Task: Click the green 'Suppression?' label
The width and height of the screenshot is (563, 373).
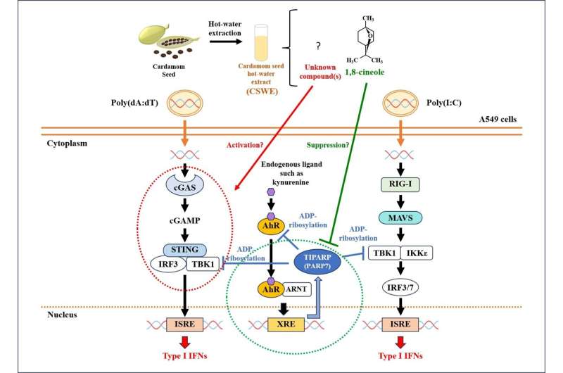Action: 329,146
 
